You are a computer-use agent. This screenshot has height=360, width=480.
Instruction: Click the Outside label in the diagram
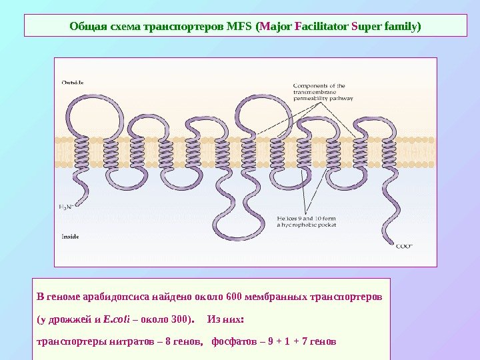click(x=73, y=83)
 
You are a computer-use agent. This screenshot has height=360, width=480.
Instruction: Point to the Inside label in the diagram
click(x=70, y=236)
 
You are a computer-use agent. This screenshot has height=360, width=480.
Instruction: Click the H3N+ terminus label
click(x=66, y=207)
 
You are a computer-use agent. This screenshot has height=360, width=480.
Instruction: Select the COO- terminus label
click(x=405, y=245)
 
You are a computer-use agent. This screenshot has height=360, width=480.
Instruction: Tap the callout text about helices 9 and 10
click(x=307, y=221)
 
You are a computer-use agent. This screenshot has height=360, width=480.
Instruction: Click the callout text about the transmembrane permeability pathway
click(x=323, y=91)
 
